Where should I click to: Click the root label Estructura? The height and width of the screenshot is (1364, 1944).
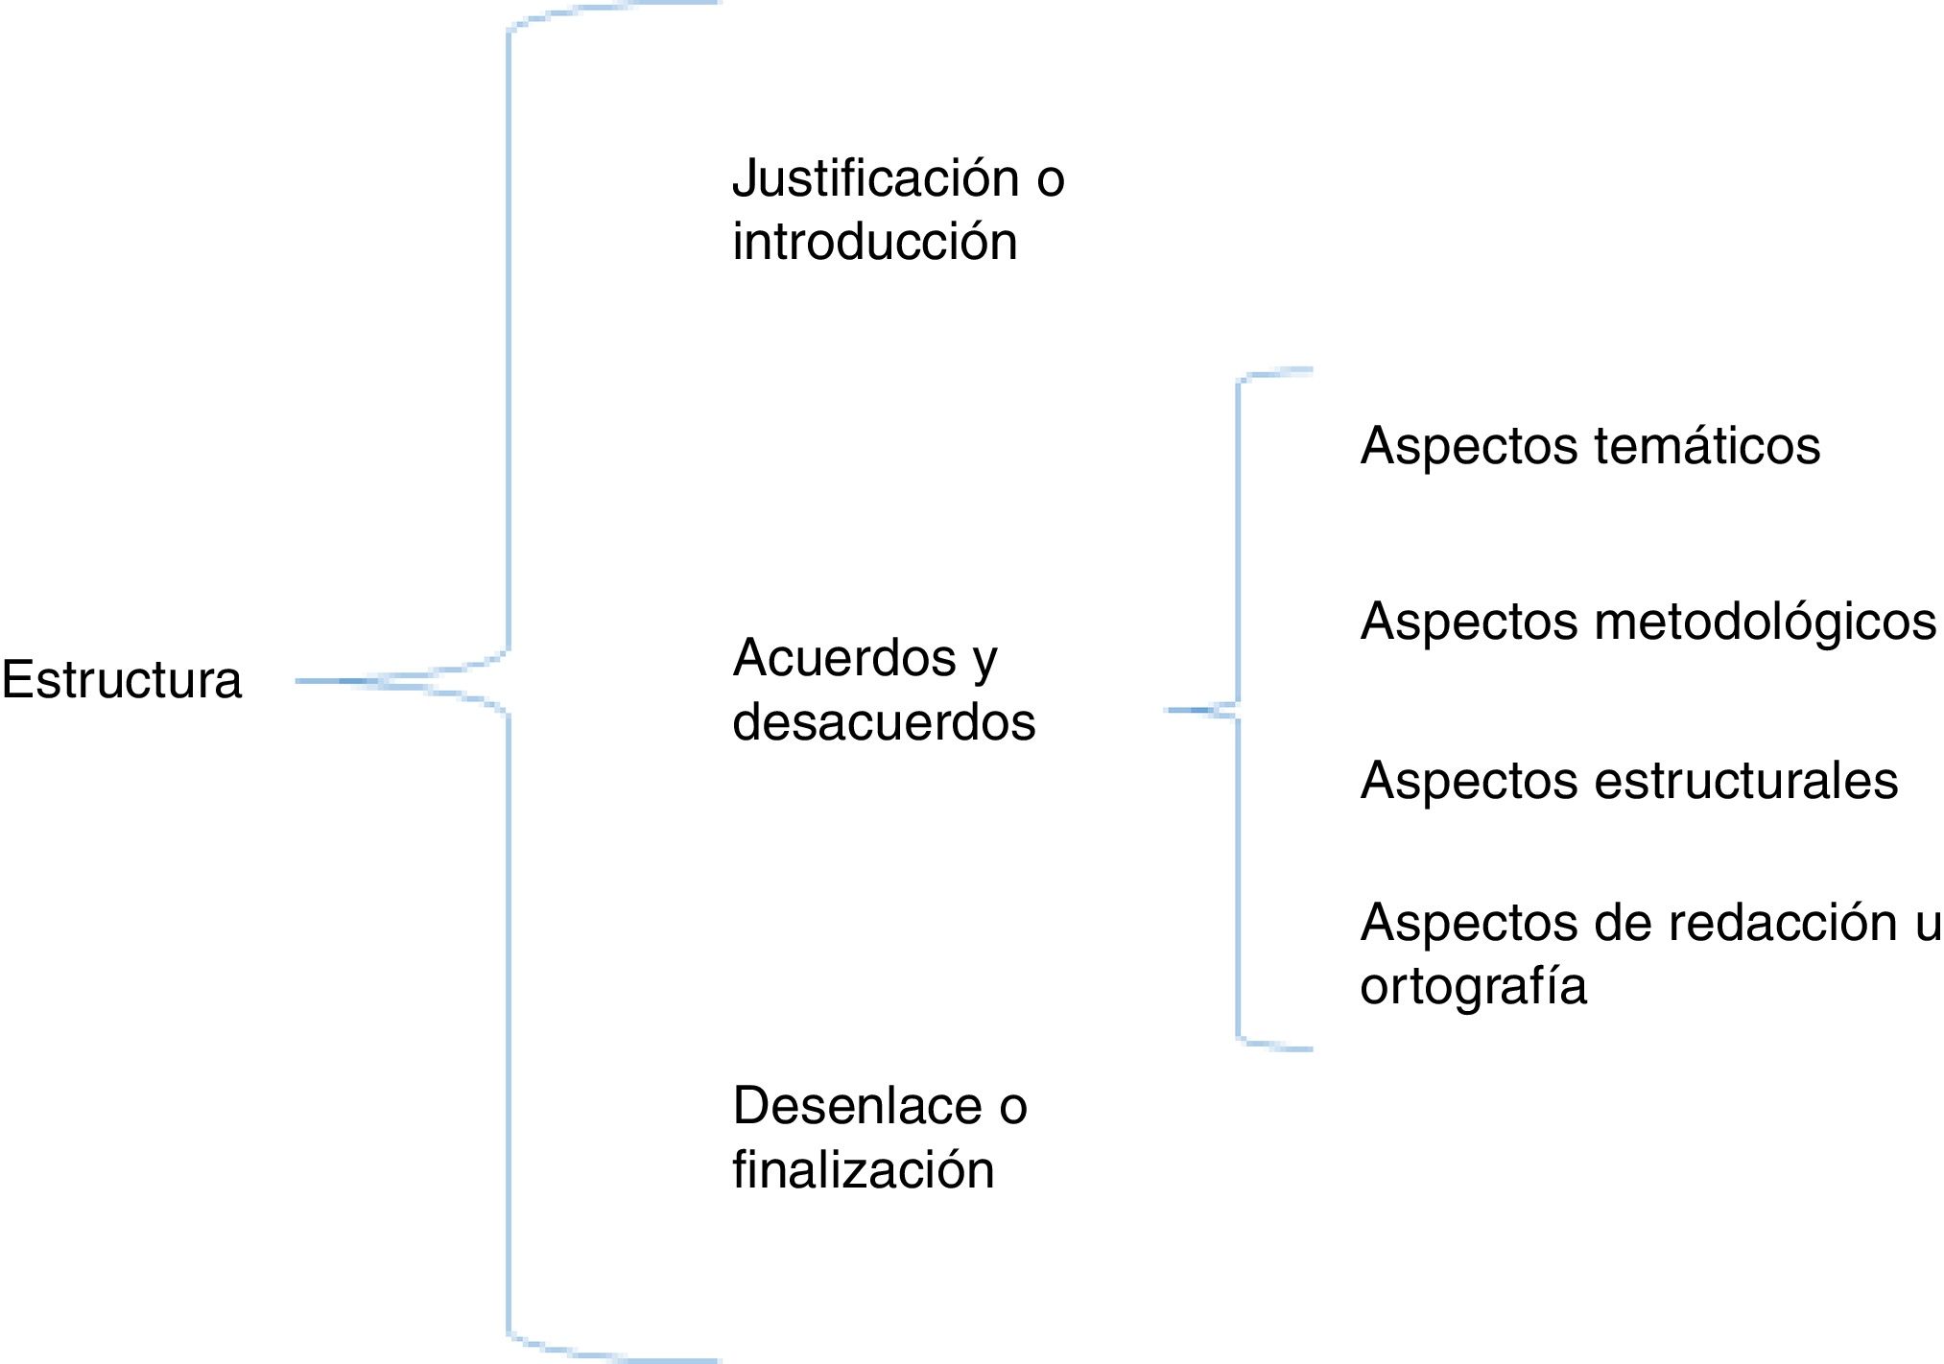(122, 680)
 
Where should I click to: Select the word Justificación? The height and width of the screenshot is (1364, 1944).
(875, 178)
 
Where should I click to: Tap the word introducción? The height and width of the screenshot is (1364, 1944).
(874, 241)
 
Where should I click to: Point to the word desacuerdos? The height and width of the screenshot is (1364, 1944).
(884, 721)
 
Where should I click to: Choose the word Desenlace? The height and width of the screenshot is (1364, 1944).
(857, 1106)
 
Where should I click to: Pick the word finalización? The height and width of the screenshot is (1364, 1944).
(863, 1169)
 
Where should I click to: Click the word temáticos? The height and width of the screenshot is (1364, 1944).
(1707, 446)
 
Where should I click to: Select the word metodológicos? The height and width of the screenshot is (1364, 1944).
(1765, 621)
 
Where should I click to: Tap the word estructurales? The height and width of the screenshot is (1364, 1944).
(1745, 780)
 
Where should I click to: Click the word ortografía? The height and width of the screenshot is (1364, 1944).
(1473, 986)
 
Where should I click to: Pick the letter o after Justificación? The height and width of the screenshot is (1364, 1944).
(1051, 180)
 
